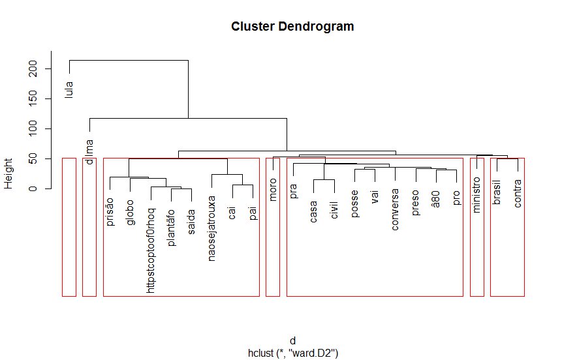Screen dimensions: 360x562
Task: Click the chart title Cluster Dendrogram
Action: (x=292, y=27)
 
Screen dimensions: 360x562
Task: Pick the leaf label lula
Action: (x=69, y=89)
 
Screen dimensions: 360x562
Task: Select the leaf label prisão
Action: (x=110, y=211)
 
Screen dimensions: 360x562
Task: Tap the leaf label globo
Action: (x=130, y=211)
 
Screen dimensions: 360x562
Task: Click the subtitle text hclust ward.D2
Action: (x=292, y=353)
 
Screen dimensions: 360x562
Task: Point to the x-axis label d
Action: (x=292, y=341)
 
